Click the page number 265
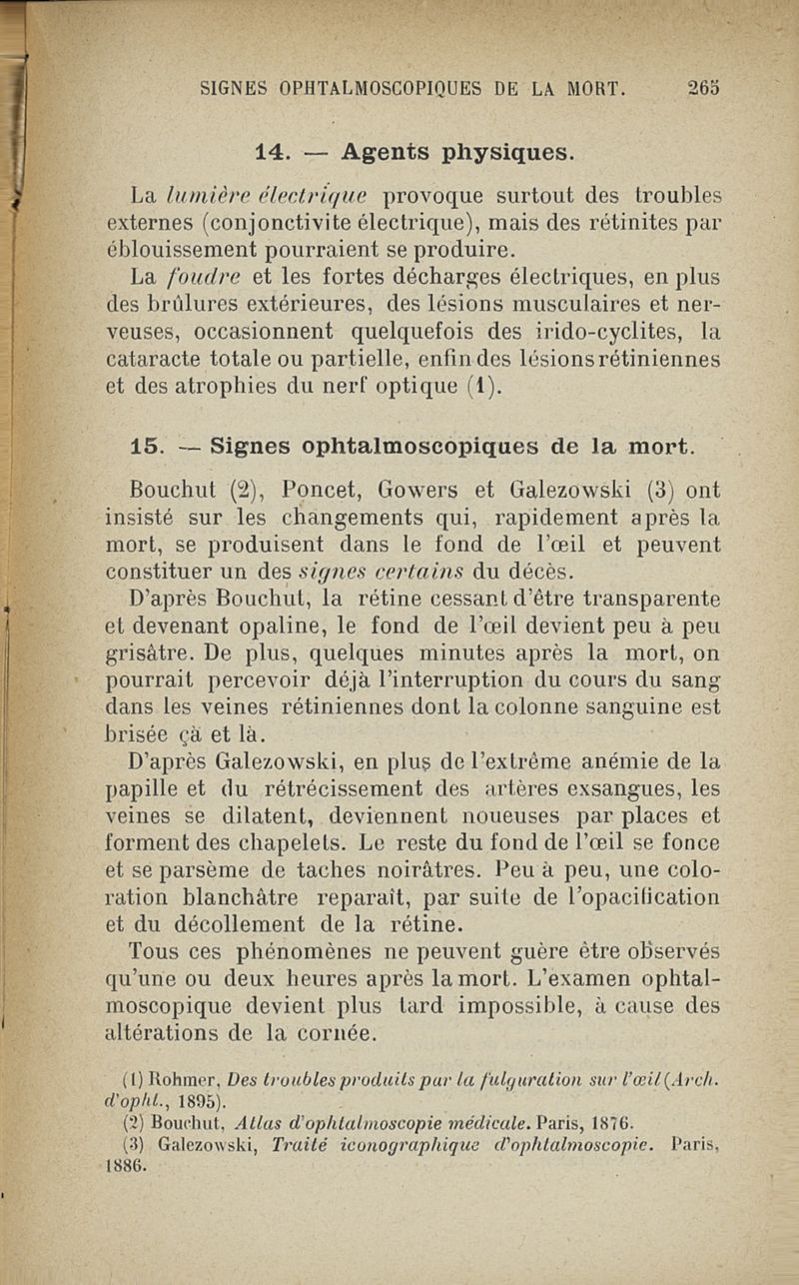click(x=704, y=87)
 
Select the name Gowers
click(x=417, y=491)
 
